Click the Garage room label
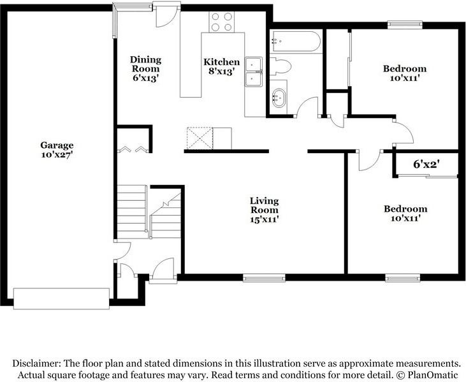57,150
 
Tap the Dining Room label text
146,68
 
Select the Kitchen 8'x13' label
222,66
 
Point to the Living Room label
263,210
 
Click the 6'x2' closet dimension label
426,165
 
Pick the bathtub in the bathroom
295,41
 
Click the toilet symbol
280,65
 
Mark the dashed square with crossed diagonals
199,137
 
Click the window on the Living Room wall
263,277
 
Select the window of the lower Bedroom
402,277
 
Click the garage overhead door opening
61,298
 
